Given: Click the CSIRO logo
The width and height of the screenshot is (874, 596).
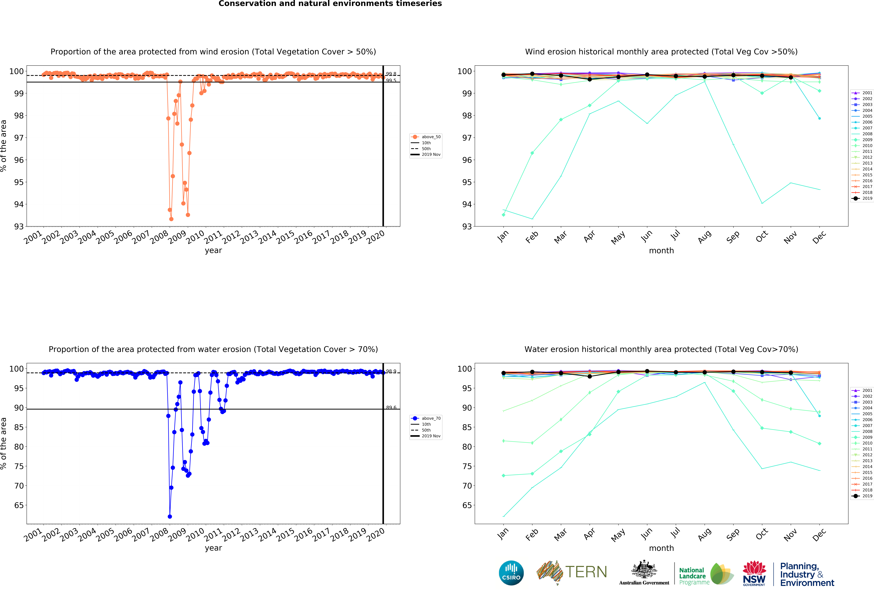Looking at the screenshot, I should pyautogui.click(x=511, y=573).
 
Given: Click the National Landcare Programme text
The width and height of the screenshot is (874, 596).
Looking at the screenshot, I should pyautogui.click(x=694, y=576).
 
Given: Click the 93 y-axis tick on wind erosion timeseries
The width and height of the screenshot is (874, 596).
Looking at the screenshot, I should pyautogui.click(x=19, y=226).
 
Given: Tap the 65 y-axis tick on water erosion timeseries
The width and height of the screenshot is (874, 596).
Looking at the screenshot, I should pyautogui.click(x=19, y=505).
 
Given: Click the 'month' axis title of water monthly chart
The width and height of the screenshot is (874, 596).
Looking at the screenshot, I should pyautogui.click(x=661, y=548).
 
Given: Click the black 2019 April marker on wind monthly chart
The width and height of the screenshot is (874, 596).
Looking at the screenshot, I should pyautogui.click(x=590, y=79).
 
